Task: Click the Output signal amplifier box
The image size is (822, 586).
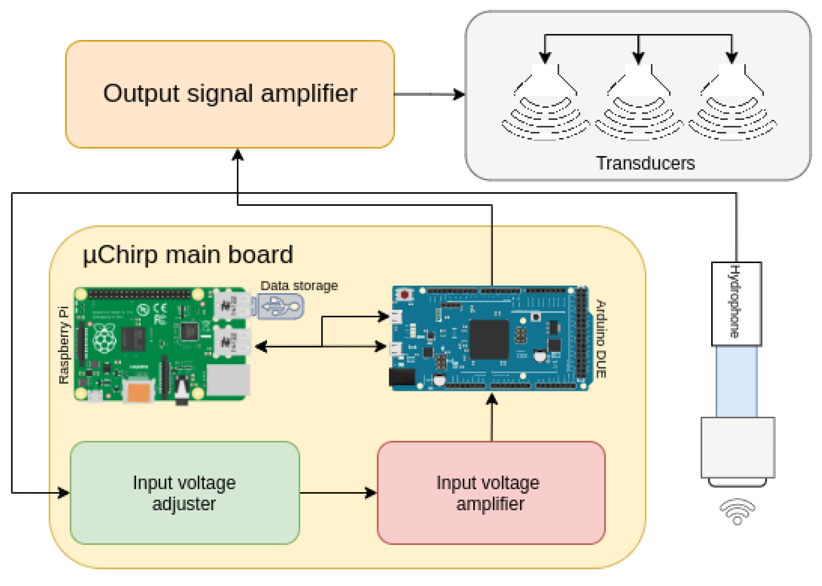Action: click(230, 94)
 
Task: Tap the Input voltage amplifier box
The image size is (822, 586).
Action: click(491, 492)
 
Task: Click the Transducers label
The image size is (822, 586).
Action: click(645, 163)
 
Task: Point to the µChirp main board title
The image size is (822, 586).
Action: click(188, 255)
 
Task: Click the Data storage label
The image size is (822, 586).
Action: click(299, 286)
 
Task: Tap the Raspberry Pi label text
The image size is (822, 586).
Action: click(64, 345)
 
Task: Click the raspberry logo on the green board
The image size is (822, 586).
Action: click(104, 337)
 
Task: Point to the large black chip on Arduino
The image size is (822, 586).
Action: click(489, 339)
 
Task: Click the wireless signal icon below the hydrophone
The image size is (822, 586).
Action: click(737, 511)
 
